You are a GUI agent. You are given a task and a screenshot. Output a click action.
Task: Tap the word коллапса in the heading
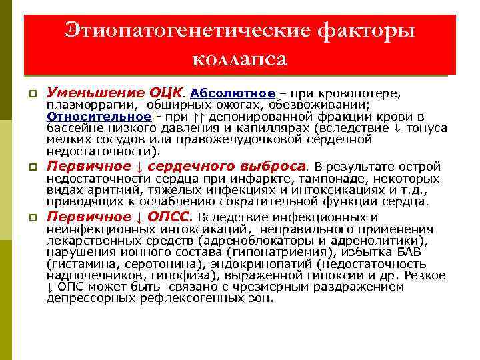point(239,59)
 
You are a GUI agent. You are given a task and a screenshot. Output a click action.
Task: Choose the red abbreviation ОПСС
point(167,217)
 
